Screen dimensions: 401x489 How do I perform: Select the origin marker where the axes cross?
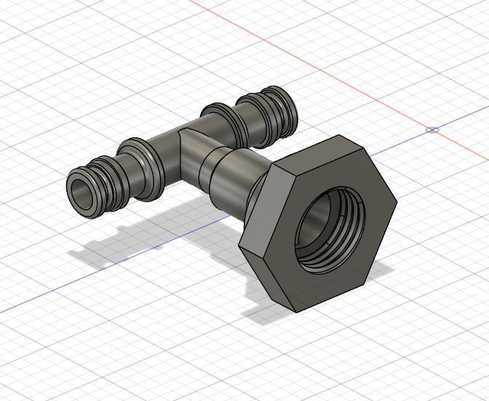coord(432,130)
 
